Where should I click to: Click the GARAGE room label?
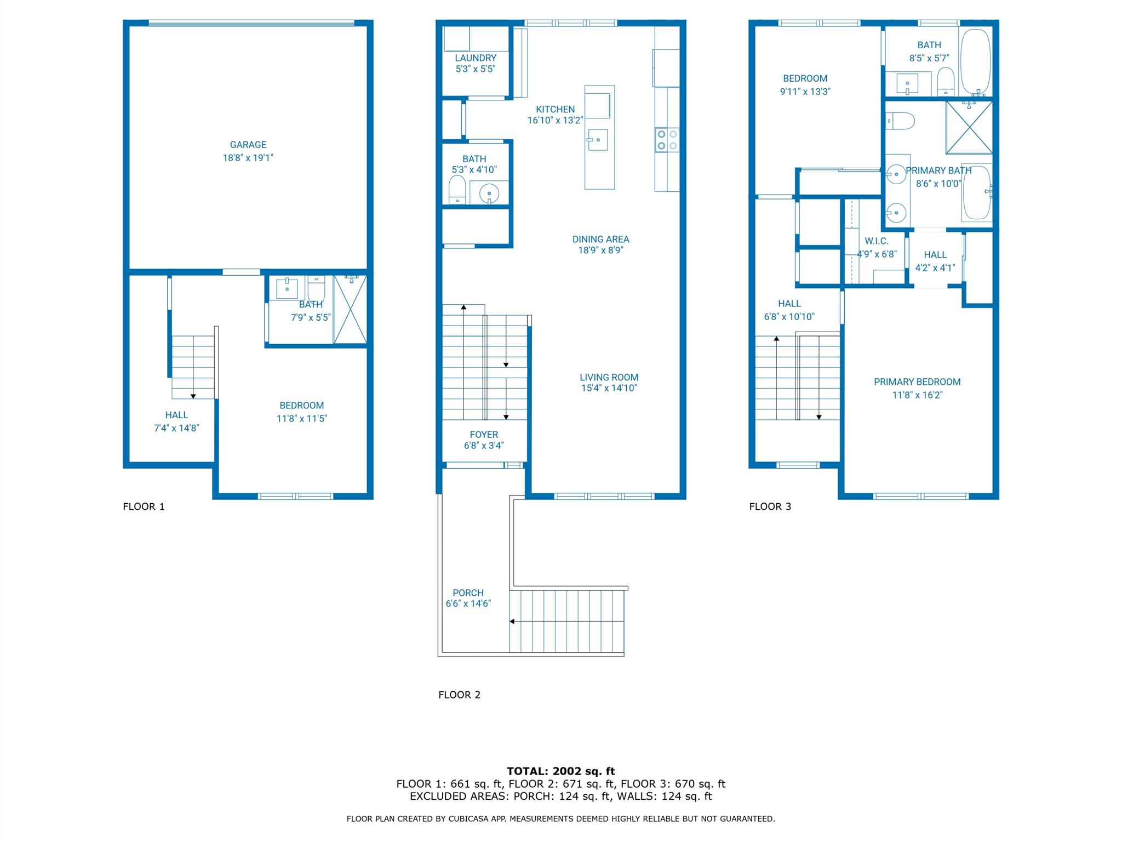pos(248,145)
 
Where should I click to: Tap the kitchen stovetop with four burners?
pos(667,139)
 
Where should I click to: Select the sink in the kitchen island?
pos(597,140)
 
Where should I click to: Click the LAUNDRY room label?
pos(476,58)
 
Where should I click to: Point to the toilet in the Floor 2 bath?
pos(457,190)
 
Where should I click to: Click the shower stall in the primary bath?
pos(969,127)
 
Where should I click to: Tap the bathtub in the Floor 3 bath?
pos(976,63)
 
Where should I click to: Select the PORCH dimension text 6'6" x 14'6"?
pos(468,604)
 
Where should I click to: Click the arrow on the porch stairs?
pos(512,621)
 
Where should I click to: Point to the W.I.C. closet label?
pos(877,241)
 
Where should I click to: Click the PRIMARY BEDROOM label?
pos(917,382)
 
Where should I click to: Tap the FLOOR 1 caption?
pos(144,507)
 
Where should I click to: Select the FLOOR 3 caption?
pos(770,507)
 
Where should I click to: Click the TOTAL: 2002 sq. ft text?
pos(561,771)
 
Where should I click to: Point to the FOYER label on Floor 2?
pos(484,435)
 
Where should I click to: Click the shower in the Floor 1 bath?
pos(350,310)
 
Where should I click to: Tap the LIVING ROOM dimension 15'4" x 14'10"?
pos(609,388)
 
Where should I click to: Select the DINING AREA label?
pos(600,239)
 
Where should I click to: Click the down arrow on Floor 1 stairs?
pos(193,395)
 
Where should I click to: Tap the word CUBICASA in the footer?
pos(471,819)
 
